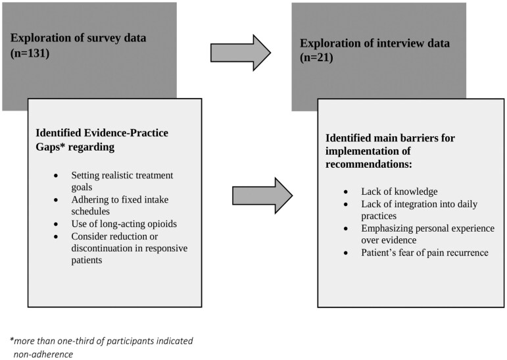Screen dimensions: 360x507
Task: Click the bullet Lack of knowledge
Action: [x=399, y=192]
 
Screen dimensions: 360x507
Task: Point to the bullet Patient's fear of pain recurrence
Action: [x=425, y=253]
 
